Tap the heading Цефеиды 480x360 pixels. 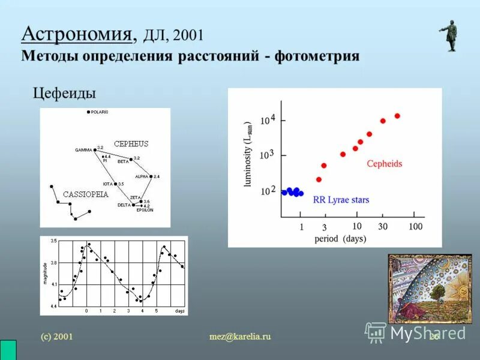click(x=64, y=94)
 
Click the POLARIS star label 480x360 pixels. click(x=100, y=112)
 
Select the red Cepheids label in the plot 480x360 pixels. click(x=384, y=163)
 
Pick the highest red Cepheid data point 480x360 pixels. click(x=397, y=116)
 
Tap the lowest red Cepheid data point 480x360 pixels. click(x=319, y=179)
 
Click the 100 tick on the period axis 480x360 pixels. click(x=415, y=227)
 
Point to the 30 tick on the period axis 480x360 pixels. click(x=382, y=227)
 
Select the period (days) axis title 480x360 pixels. click(x=340, y=239)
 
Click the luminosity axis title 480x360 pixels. click(x=248, y=154)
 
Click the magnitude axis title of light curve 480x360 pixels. click(x=45, y=274)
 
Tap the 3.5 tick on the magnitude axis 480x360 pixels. click(x=54, y=241)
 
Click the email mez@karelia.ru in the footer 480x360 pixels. click(x=241, y=337)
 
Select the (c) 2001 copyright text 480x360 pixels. click(x=56, y=337)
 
